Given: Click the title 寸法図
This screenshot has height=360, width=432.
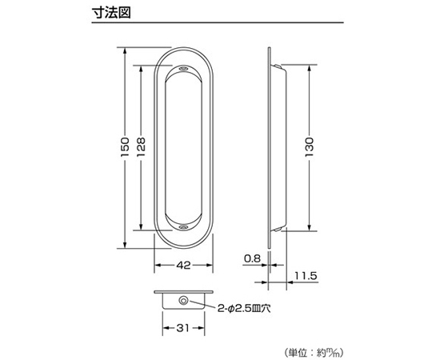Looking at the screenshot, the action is click(x=111, y=12).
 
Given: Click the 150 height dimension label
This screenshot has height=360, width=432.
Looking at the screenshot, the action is click(x=125, y=147).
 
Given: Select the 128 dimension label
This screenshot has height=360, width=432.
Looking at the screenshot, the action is click(x=141, y=147).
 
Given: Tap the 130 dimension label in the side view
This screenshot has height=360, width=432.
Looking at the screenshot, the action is click(x=309, y=147).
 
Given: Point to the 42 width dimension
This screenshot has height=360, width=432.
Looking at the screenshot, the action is click(x=183, y=265).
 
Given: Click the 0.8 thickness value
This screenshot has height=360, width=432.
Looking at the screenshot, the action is click(x=252, y=258).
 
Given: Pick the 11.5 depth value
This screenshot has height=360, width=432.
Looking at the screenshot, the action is click(x=306, y=276).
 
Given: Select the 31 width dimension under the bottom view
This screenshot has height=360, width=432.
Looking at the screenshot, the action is click(x=183, y=328).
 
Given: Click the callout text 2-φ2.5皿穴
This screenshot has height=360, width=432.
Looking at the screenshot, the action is click(x=244, y=309).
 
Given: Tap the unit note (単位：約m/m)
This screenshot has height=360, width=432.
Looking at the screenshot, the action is click(x=314, y=353).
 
